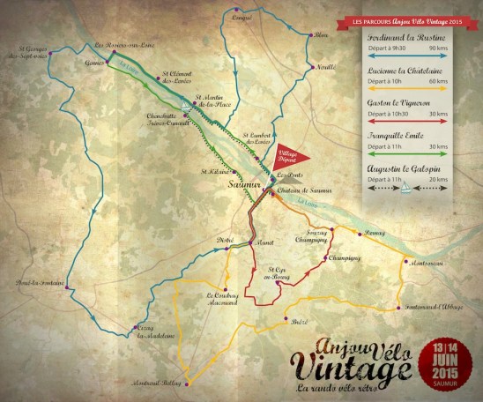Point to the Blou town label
[x=320, y=36]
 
